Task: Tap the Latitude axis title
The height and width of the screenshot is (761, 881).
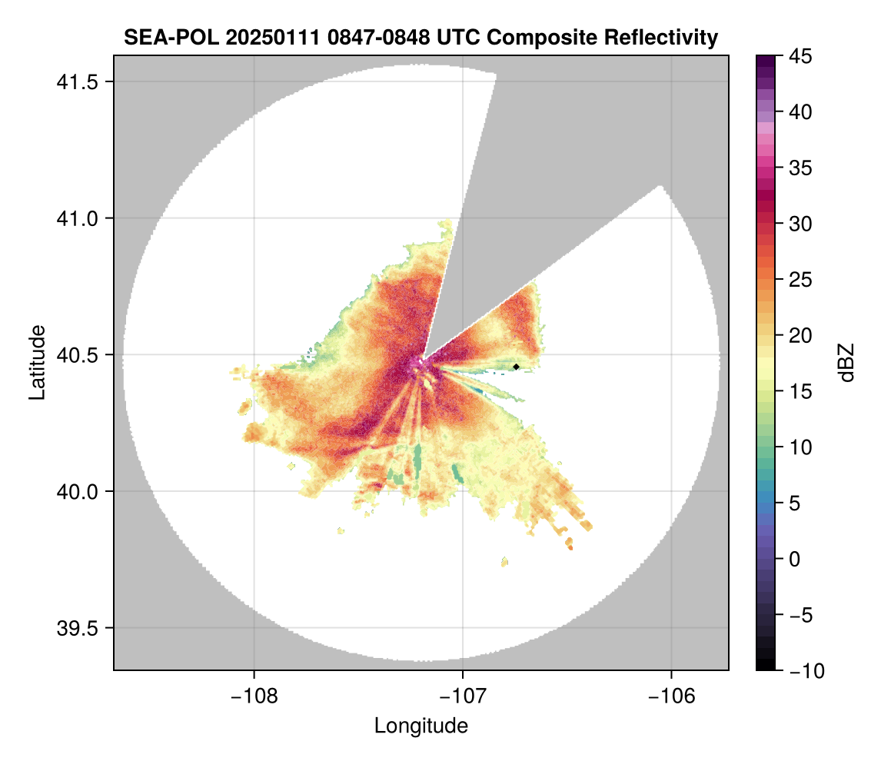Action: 36,361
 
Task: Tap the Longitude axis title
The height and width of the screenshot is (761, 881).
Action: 421,726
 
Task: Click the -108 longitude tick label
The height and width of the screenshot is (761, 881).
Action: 254,696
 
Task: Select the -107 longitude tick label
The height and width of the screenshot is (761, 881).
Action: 463,696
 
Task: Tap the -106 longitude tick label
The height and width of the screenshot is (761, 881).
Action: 672,696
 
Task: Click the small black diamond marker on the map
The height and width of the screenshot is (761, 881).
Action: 517,367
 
